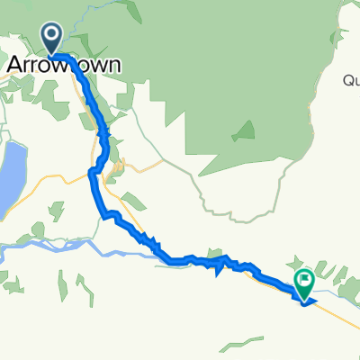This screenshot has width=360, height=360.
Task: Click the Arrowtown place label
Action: coord(64,66)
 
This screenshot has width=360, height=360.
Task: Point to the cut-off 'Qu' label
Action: coord(351,80)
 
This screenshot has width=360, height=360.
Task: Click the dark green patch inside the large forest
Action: coord(243,132)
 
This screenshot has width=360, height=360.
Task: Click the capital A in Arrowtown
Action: coord(15,66)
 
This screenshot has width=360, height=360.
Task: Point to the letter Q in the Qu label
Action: coord(347,80)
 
